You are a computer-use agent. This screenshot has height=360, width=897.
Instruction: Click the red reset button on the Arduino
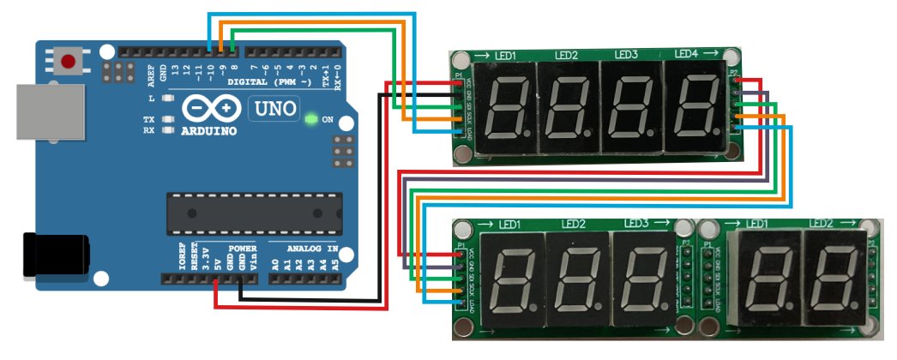69,61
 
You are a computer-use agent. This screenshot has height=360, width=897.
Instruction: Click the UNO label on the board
274,108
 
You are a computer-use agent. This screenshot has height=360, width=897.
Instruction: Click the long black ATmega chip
253,214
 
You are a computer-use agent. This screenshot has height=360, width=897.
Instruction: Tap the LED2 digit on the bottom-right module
831,281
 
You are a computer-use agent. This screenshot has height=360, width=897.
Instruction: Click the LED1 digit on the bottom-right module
768,281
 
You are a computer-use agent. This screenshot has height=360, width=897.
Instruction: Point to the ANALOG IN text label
312,249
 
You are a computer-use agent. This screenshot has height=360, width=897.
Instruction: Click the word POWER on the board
243,249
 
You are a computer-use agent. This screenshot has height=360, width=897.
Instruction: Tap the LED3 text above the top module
625,55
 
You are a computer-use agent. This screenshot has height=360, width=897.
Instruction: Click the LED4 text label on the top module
686,54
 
